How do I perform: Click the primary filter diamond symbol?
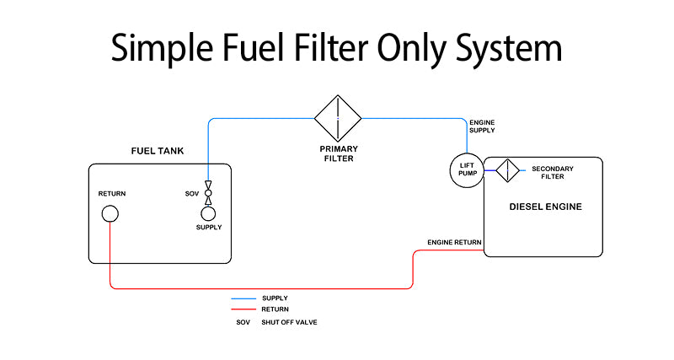pyautogui.click(x=338, y=118)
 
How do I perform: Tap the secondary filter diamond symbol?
pyautogui.click(x=507, y=170)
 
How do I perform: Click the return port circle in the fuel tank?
pyautogui.click(x=110, y=213)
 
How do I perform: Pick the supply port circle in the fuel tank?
pyautogui.click(x=208, y=213)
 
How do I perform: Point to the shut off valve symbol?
pyautogui.click(x=208, y=193)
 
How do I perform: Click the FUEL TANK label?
pyautogui.click(x=158, y=152)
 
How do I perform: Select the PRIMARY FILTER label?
pyautogui.click(x=338, y=153)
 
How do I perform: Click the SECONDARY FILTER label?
pyautogui.click(x=553, y=173)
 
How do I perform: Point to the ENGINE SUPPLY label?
pyautogui.click(x=483, y=126)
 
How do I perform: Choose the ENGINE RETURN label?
pyautogui.click(x=454, y=243)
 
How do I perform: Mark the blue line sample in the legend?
pyautogui.click(x=243, y=298)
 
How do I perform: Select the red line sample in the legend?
pyautogui.click(x=243, y=309)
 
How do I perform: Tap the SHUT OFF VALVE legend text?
pyautogui.click(x=289, y=322)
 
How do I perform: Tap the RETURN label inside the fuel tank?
pyautogui.click(x=112, y=194)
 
